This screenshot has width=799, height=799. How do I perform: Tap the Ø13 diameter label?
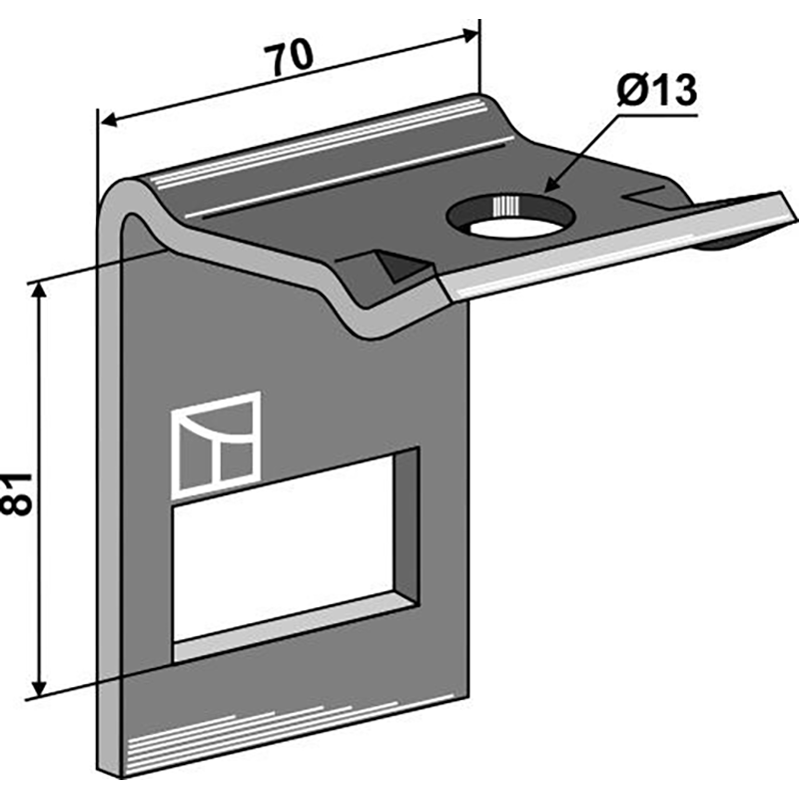tap(656, 91)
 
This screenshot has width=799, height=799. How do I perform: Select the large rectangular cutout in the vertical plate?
tap(296, 555)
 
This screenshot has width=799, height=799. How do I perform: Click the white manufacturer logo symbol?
tap(216, 445)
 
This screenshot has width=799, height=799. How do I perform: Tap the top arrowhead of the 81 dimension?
tap(39, 291)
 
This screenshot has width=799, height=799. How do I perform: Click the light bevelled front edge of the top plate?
tap(616, 245)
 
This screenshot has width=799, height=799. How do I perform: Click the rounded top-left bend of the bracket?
tap(121, 195)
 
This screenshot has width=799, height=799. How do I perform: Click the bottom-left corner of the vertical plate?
tap(98, 769)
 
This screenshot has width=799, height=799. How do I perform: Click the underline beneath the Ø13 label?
tap(657, 116)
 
